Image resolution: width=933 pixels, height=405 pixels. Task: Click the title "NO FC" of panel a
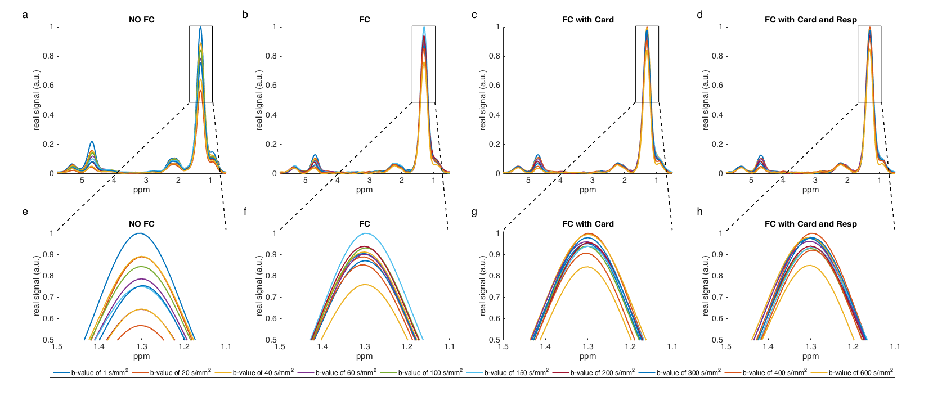tap(141, 20)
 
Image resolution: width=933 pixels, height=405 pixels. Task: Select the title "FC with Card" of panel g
tap(587, 224)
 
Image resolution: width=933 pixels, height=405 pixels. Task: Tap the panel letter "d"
tap(699, 15)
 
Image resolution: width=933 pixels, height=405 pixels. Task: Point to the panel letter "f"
tap(245, 211)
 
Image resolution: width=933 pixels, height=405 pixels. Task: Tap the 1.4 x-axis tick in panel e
tap(99, 346)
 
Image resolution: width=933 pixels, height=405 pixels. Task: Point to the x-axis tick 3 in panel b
tap(369, 180)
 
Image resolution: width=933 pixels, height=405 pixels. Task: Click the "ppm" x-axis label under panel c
tap(587, 190)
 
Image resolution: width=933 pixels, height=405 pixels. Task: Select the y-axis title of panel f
tap(259, 286)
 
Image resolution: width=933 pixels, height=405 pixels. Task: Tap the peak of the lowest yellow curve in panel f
tap(365, 285)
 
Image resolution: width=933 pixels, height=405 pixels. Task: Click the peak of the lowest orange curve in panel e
tap(140, 326)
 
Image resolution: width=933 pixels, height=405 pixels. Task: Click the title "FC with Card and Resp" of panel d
tap(810, 20)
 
